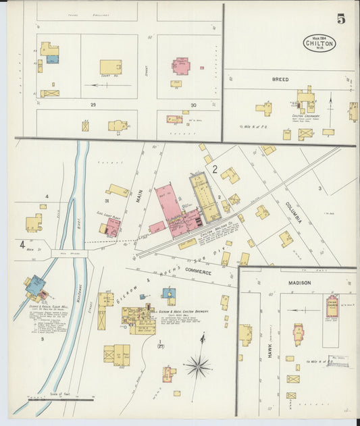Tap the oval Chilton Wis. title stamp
tap(319, 43)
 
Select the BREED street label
tap(280, 80)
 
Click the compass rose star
tap(198, 367)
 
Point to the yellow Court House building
tap(111, 67)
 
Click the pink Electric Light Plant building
tap(113, 227)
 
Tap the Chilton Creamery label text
tap(305, 115)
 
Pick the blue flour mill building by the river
tap(35, 286)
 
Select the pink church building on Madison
tap(332, 306)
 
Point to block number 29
tap(93, 105)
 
